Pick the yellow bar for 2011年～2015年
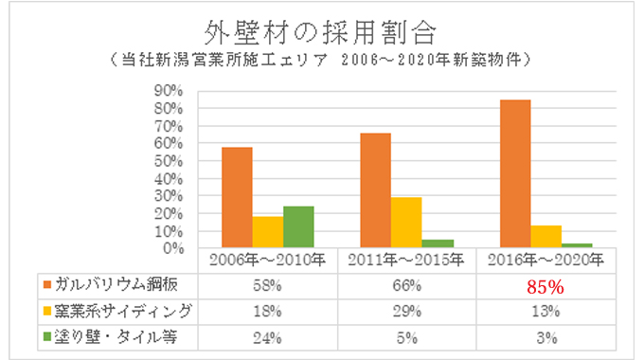(x=405, y=223)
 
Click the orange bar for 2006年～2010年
(x=237, y=198)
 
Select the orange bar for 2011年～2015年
(x=377, y=190)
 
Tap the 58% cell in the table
(x=266, y=285)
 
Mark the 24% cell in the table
(x=266, y=333)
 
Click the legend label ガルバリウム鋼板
(x=106, y=285)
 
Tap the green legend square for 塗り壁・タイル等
(x=46, y=333)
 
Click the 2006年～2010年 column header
(x=266, y=259)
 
